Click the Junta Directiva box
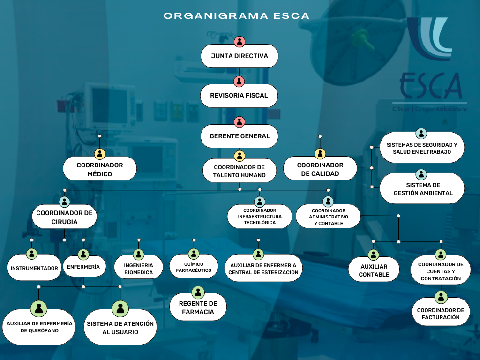tap(240, 56)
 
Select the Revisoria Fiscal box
tap(239, 96)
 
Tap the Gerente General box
tap(240, 136)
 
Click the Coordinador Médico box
tap(100, 169)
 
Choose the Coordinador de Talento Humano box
tap(240, 171)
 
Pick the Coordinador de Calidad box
tap(320, 169)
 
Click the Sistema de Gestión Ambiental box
tap(422, 189)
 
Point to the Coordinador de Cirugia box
tap(64, 217)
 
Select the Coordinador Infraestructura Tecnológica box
tap(260, 217)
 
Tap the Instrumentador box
tap(34, 269)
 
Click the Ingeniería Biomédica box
tap(138, 269)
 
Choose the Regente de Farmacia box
tap(198, 307)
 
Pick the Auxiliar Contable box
tap(374, 270)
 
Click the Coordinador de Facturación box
tap(441, 314)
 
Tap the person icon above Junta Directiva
tap(240, 41)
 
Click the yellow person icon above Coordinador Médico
tap(100, 154)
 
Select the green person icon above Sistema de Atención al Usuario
tap(120, 308)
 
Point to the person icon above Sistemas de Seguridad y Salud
tap(421, 134)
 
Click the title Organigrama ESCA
tap(236, 16)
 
